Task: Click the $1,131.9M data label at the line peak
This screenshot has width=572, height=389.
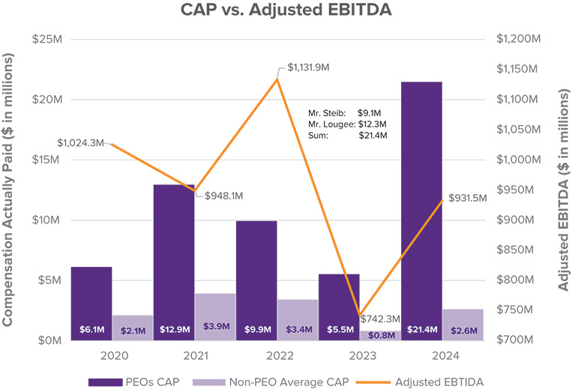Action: click(x=309, y=67)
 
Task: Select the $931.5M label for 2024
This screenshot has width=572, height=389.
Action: click(x=467, y=198)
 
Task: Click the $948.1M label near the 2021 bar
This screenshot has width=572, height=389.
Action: click(x=224, y=196)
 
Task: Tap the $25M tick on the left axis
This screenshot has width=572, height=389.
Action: click(x=46, y=39)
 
